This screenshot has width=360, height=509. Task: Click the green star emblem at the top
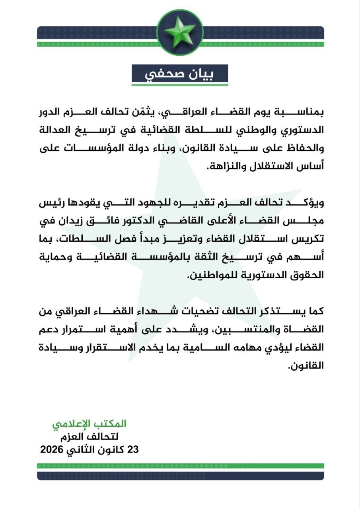180,32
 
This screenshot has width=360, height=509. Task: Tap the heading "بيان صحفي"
180,75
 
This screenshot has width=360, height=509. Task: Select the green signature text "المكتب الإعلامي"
89,424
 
